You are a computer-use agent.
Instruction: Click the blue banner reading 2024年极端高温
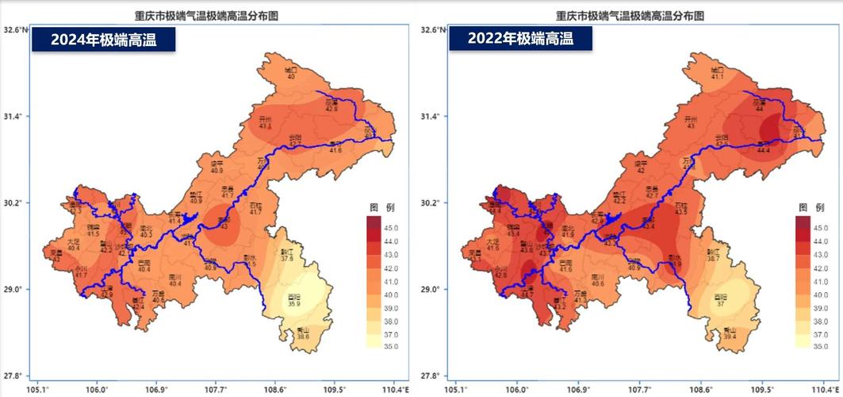[103, 40]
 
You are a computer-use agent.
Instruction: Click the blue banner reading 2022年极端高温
[520, 38]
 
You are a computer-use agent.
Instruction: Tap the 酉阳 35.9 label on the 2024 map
[294, 300]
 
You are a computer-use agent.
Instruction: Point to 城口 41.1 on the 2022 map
[717, 73]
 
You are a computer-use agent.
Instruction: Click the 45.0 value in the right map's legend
[822, 228]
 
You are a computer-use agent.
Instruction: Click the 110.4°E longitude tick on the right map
[826, 390]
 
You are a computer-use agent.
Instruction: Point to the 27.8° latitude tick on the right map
[428, 376]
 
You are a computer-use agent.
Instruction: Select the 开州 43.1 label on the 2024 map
[265, 122]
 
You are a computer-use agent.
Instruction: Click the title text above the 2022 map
[630, 15]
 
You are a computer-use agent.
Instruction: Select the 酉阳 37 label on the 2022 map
[718, 300]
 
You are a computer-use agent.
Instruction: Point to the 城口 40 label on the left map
[291, 73]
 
